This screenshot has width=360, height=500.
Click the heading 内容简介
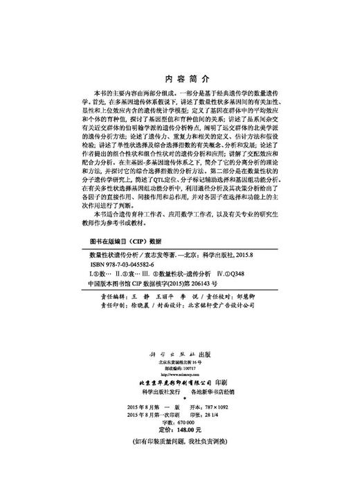tap(180, 80)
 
